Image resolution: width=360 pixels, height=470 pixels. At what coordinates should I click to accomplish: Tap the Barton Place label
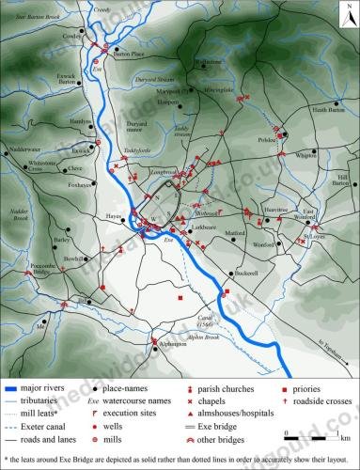pyautogui.click(x=131, y=55)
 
